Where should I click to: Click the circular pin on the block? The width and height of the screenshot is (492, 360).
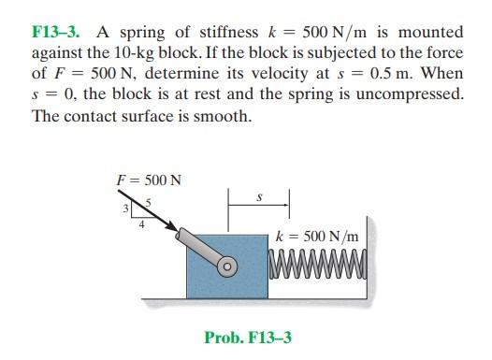click(x=224, y=266)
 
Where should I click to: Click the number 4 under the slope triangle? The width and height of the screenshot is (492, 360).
click(x=141, y=223)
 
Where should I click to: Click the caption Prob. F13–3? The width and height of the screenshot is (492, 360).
click(x=248, y=337)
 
